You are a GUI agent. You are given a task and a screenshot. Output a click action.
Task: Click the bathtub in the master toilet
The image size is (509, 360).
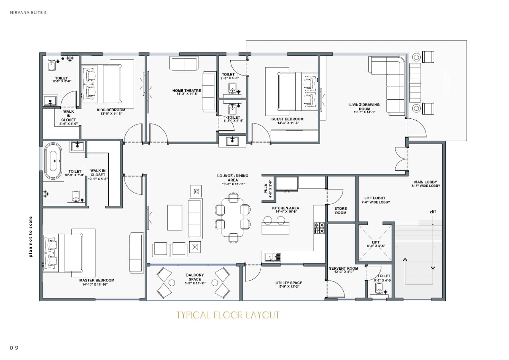click(x=53, y=161)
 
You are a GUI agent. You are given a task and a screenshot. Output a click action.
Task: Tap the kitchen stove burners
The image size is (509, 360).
click(x=319, y=228)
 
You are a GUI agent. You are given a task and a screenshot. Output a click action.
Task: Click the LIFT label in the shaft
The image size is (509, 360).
click(x=375, y=242)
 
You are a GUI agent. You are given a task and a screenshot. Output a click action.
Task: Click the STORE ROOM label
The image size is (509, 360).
click(x=340, y=211)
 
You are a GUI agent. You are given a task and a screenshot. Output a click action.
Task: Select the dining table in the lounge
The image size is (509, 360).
click(x=233, y=217)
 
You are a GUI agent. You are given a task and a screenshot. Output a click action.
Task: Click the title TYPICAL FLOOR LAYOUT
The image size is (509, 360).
click(x=228, y=315)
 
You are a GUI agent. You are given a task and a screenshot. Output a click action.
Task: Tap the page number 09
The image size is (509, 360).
click(x=14, y=348)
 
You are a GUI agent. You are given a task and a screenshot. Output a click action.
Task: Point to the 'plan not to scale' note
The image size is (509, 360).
click(x=31, y=236)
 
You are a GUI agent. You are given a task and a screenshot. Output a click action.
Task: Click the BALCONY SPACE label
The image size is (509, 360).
click(x=195, y=277)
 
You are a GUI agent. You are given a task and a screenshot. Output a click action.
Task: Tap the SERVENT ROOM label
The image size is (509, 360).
click(x=343, y=268)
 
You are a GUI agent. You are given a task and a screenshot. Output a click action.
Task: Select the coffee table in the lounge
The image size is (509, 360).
click(x=175, y=217)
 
